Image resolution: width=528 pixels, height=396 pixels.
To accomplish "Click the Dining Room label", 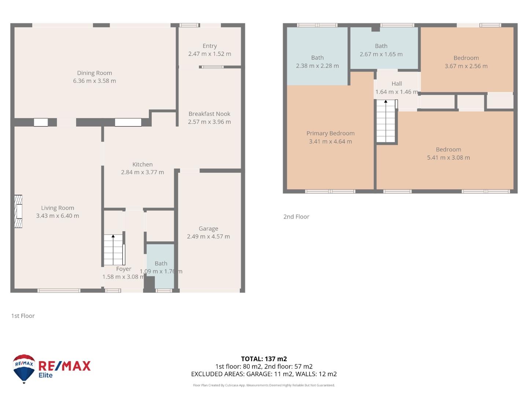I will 94,73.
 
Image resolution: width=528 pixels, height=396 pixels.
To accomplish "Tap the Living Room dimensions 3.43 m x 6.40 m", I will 58,216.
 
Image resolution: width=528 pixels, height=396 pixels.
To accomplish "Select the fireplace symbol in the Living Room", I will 18,212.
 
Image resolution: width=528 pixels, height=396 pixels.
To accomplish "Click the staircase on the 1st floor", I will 114,250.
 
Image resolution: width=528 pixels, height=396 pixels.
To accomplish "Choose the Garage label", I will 208,228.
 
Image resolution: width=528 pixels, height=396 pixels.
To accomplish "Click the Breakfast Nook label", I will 209,114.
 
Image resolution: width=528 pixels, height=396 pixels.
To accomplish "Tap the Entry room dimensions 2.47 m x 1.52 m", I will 209,54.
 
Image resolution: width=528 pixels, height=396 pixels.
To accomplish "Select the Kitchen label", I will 142,164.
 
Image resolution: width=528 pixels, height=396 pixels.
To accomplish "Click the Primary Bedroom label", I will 330,133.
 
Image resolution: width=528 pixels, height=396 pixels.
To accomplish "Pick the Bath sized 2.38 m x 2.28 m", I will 317,62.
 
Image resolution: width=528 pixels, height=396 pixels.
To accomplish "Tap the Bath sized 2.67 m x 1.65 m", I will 381,50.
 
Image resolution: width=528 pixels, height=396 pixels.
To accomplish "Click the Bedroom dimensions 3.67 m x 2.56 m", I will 466,66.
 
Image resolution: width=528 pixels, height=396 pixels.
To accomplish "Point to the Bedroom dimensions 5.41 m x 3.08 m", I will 448,158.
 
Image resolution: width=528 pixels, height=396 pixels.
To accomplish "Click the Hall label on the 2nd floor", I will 396,84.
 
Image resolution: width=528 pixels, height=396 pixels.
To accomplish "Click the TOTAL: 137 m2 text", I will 264,359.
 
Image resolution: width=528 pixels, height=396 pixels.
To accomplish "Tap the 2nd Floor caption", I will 296,217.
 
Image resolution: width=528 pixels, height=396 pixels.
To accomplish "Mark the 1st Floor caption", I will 23,316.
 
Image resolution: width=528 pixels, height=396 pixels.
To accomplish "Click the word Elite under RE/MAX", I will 46,375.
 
